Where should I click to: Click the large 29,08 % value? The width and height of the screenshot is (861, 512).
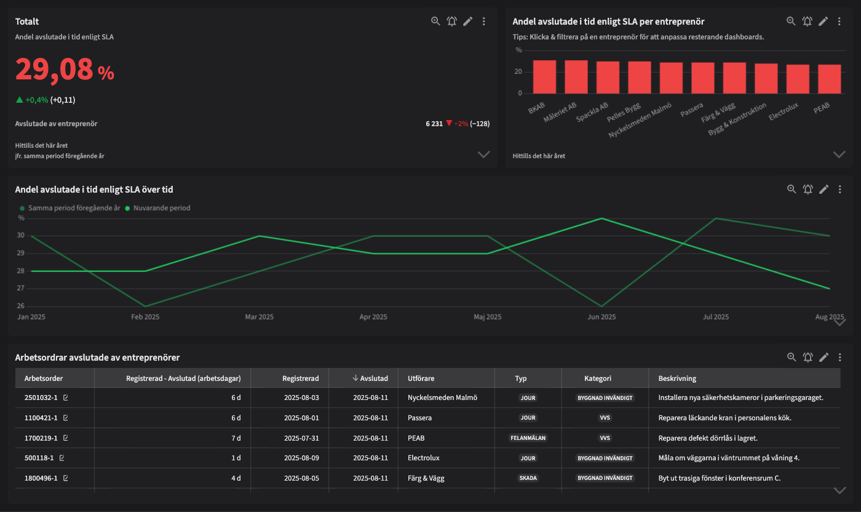64,70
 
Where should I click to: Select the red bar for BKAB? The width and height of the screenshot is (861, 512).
544,77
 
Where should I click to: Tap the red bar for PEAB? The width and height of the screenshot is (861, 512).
829,79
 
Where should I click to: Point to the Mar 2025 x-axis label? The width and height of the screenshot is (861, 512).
259,317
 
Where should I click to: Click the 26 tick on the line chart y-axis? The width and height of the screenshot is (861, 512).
21,306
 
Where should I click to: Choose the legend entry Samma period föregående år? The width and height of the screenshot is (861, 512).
70,208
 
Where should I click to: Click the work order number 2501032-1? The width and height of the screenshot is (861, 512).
41,398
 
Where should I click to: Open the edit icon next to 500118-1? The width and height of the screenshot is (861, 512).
62,458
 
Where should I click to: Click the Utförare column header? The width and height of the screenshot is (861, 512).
421,378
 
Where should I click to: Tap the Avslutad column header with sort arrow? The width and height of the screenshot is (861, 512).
370,378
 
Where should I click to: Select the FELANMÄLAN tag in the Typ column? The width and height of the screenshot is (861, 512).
528,438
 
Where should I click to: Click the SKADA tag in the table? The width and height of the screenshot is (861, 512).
528,478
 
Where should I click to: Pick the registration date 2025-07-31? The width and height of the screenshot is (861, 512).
301,438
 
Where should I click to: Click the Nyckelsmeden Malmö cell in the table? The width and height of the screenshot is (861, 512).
442,398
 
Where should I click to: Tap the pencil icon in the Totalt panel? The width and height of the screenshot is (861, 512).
468,22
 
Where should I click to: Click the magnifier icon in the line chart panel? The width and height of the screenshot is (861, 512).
792,189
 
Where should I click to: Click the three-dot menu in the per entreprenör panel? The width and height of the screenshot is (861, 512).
839,22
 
